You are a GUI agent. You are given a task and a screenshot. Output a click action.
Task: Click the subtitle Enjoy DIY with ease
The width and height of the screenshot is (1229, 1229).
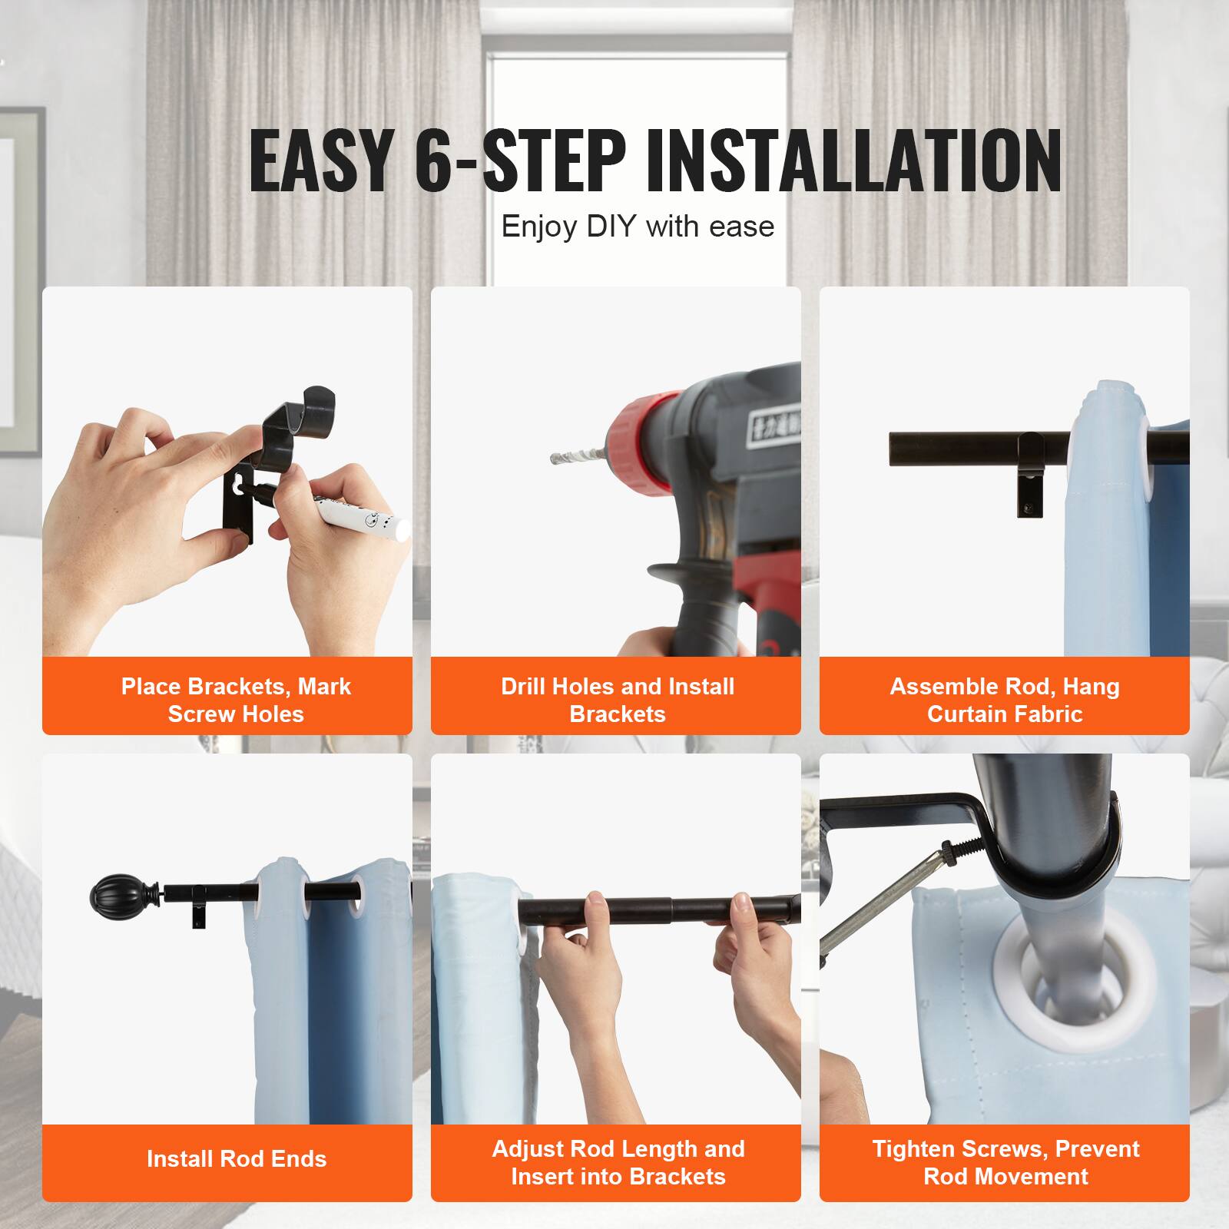(x=638, y=227)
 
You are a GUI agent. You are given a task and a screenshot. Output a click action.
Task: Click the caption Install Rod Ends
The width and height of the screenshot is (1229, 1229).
(x=237, y=1158)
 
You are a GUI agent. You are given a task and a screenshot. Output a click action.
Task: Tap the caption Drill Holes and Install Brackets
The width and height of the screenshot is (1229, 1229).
(x=618, y=700)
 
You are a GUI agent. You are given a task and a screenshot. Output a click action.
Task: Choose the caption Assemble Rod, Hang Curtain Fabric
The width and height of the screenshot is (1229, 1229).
(x=1005, y=700)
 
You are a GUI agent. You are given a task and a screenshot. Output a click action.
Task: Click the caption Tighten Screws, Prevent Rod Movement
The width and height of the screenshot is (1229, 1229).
(x=1005, y=1162)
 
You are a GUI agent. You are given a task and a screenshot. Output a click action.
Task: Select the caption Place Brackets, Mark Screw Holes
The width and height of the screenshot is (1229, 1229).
(x=236, y=700)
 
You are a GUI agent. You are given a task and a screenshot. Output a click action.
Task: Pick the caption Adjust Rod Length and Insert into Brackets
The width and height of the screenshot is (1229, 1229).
(x=618, y=1162)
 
